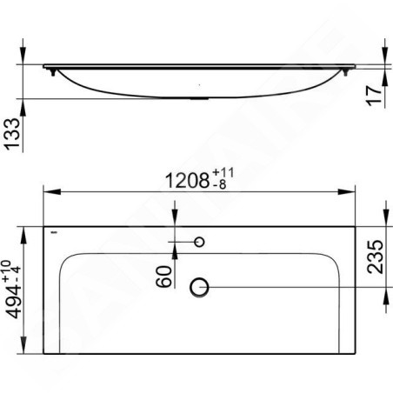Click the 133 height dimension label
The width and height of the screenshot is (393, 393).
(x=12, y=134)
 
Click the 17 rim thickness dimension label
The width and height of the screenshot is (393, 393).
(x=374, y=96)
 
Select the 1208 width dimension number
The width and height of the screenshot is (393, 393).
(x=187, y=180)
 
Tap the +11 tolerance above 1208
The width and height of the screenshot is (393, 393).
(x=223, y=172)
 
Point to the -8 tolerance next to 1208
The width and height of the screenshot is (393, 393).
(x=219, y=184)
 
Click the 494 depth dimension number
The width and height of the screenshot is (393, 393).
(x=13, y=301)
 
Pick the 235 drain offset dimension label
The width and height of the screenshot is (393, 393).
(x=375, y=256)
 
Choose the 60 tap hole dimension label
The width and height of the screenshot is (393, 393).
(x=163, y=276)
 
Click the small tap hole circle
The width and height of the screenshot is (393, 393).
(x=199, y=242)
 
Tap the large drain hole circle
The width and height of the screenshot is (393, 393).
(x=199, y=287)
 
